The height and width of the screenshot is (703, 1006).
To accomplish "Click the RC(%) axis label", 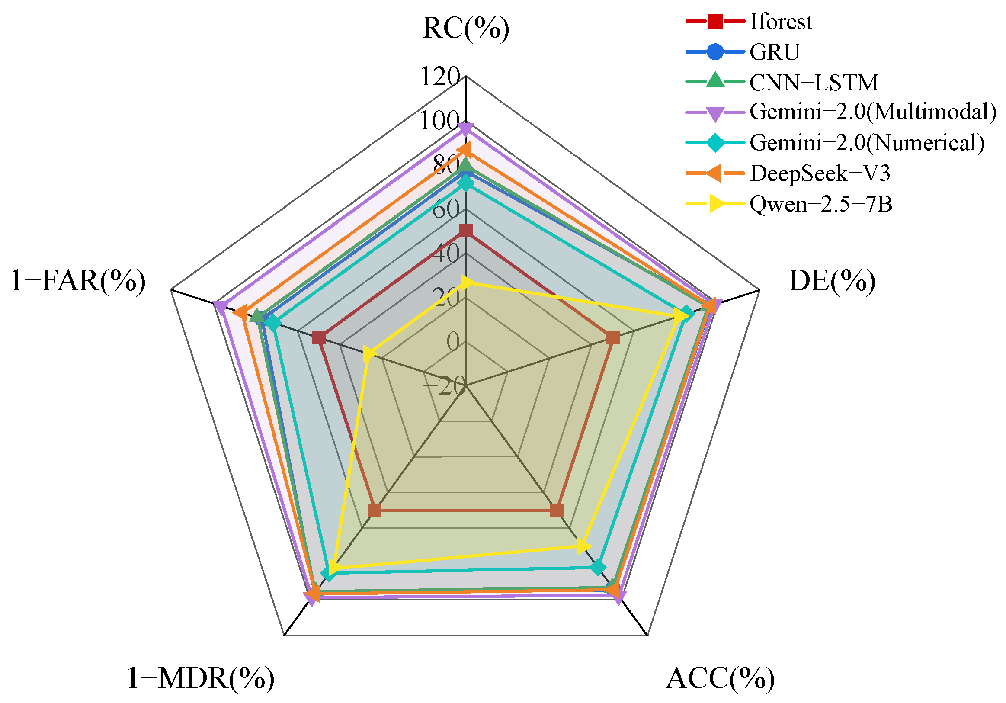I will coord(466,29).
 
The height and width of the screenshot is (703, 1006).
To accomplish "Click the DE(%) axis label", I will coord(832,281).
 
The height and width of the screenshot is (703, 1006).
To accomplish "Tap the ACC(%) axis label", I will coord(720,678).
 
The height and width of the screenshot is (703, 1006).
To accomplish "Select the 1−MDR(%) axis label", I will coord(201,678).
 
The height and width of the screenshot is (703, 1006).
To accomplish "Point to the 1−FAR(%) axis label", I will coord(78,281).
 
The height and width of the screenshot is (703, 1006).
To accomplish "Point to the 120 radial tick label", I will coord(440,76).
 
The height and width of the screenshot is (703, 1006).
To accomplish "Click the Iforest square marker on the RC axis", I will coord(466,230).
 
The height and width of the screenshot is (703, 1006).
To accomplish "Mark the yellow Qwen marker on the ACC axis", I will coord(583,546).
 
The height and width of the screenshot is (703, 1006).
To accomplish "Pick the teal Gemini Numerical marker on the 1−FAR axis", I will coord(274,324).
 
